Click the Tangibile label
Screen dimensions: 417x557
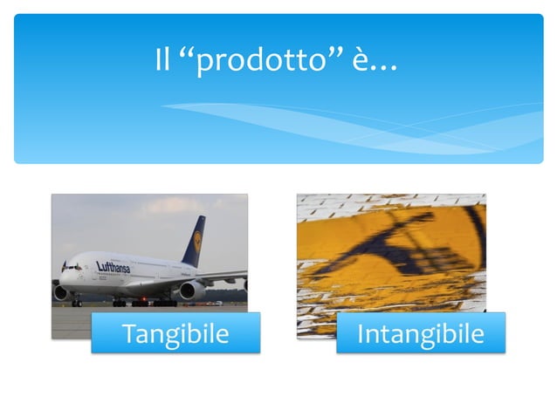175,333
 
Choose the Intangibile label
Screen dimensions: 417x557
421,333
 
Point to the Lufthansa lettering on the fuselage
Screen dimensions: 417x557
113,266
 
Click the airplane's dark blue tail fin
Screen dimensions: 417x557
194,241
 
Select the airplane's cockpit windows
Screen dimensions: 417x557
71,267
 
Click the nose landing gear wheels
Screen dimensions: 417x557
77,302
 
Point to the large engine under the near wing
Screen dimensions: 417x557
191,291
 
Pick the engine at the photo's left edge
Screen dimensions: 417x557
60,293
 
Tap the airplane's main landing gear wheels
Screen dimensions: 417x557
144,303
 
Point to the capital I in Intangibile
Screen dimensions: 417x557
361,333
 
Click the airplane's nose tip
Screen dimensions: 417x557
59,277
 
